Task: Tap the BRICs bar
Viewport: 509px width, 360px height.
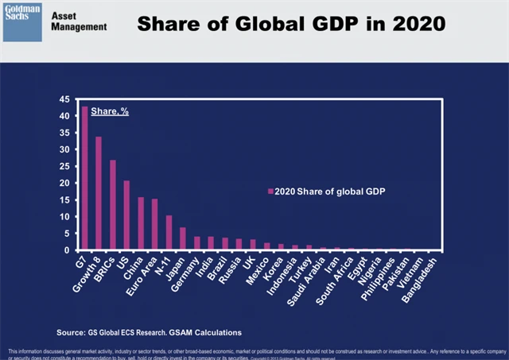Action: tap(113, 205)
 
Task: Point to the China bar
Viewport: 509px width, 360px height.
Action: tap(141, 223)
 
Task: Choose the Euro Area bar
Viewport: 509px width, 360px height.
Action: tap(154, 225)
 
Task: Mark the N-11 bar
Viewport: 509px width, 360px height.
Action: tap(169, 233)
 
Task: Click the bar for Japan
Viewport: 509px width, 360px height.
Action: tap(183, 239)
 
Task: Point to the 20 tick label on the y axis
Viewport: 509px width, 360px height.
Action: tap(64, 183)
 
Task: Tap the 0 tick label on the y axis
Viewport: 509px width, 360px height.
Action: tap(68, 250)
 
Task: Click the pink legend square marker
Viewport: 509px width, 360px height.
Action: tap(271, 191)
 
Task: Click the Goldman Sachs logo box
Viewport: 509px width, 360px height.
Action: tap(23, 20)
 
